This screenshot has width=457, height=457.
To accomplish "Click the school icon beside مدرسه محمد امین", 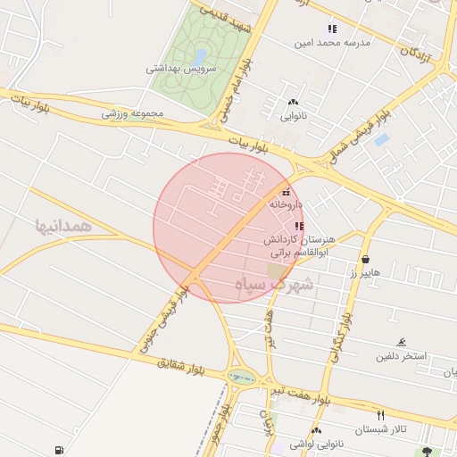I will click(x=332, y=29).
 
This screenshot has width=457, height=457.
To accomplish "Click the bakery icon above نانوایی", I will click(x=294, y=102).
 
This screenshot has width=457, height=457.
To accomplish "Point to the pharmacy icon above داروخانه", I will click(x=286, y=192).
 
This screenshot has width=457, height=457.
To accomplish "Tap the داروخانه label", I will click(x=286, y=204).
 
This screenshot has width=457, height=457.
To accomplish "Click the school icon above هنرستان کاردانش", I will click(x=297, y=228).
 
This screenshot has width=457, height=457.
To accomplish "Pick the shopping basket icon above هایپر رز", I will click(x=365, y=261).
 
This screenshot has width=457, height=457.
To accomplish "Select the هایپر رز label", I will click(x=365, y=272).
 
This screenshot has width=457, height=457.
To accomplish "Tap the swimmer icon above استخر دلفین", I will click(x=402, y=343).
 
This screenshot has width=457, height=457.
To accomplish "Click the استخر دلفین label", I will click(x=402, y=355).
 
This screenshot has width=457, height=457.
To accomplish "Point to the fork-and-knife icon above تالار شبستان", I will click(x=380, y=415).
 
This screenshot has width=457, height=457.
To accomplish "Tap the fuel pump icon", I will click(x=59, y=449).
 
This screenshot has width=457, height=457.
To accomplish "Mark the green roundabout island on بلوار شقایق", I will click(x=241, y=378).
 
